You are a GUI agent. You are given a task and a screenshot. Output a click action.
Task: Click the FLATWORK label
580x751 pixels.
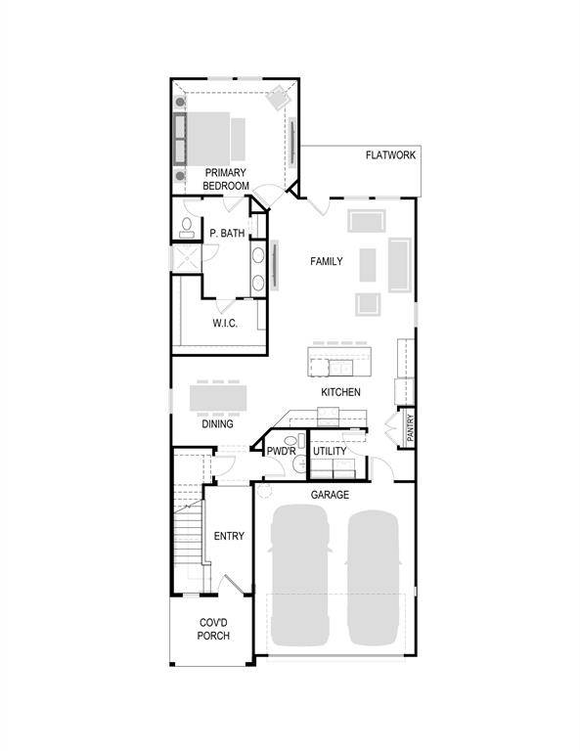[391, 155]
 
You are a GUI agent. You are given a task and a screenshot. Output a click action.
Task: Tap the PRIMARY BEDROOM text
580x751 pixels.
[226, 179]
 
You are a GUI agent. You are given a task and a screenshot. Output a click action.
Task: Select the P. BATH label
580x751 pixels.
[227, 234]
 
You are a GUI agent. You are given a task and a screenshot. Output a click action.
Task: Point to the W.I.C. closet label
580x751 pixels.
[226, 323]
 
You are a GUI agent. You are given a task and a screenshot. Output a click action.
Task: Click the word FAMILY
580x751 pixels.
[327, 262]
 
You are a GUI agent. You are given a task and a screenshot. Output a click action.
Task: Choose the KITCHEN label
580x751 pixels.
[341, 392]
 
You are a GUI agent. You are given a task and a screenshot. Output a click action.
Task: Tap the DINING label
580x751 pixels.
[217, 424]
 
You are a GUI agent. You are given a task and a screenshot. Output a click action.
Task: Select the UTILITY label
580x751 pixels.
[331, 451]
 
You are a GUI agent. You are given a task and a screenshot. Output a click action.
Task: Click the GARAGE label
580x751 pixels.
[330, 495]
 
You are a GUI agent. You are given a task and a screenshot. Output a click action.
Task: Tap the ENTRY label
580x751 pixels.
[229, 536]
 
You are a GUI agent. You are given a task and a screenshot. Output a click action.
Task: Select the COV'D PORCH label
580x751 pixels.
[213, 629]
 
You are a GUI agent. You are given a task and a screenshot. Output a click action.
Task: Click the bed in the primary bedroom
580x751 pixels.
[215, 137]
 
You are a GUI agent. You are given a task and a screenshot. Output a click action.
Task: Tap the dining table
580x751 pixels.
[217, 397]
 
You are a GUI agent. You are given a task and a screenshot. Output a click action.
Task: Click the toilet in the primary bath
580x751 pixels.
[186, 228]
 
